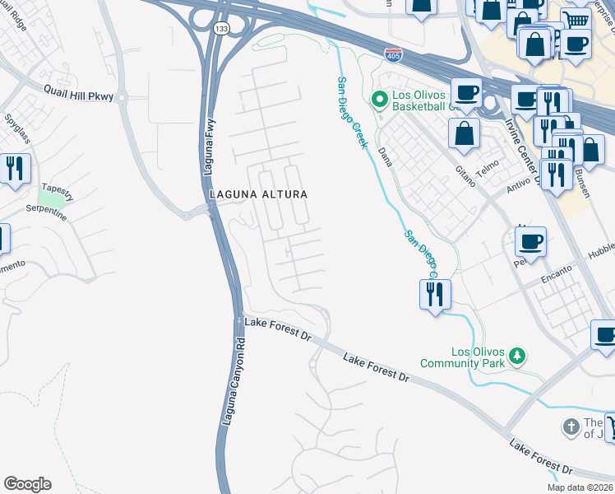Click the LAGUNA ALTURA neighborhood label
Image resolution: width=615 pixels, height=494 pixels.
(x=258, y=194)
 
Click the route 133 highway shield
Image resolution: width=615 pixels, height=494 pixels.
(x=222, y=28)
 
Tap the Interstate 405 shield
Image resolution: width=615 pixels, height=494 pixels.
(x=393, y=55)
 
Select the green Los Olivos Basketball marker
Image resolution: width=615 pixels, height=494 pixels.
(x=380, y=100)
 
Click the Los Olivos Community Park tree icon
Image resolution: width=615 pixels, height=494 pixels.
(x=517, y=356)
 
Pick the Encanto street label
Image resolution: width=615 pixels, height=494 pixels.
(x=557, y=277)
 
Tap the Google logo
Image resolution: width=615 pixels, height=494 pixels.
(x=27, y=484)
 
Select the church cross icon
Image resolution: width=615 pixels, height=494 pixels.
(x=571, y=427)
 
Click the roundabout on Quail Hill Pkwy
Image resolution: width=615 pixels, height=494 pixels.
(x=123, y=98)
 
